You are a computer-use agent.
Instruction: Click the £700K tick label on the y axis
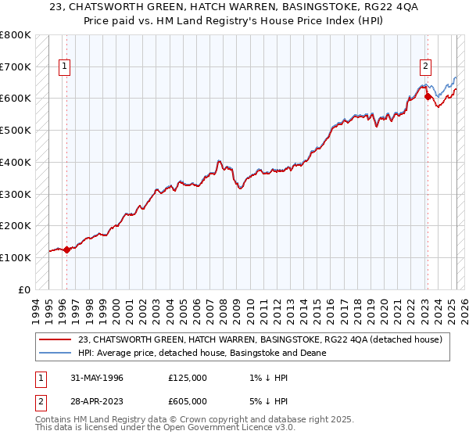pyautogui.click(x=16, y=67)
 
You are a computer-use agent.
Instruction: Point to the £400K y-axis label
pyautogui.click(x=16, y=163)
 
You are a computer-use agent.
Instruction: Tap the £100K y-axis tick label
pyautogui.click(x=16, y=257)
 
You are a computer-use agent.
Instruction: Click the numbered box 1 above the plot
pyautogui.click(x=63, y=67)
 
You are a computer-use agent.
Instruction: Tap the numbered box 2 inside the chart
pyautogui.click(x=426, y=67)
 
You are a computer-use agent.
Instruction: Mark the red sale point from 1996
pyautogui.click(x=67, y=250)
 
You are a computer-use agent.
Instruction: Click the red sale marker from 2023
pyautogui.click(x=428, y=98)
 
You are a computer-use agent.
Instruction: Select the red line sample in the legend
pyautogui.click(x=55, y=339)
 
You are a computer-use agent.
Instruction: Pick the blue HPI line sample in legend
pyautogui.click(x=55, y=353)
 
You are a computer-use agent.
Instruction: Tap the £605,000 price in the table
pyautogui.click(x=188, y=401)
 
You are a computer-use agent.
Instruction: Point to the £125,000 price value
pyautogui.click(x=188, y=378)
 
